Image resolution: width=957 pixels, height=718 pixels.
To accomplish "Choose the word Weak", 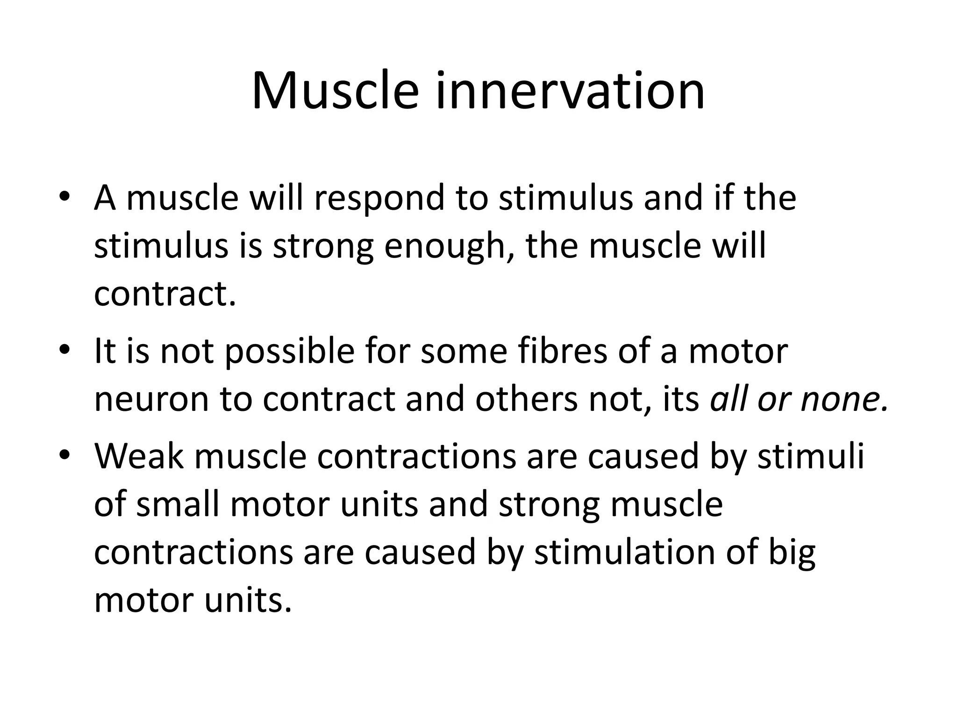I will click(x=139, y=456).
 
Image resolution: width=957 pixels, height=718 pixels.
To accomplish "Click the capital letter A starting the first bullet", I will click(x=105, y=199).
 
